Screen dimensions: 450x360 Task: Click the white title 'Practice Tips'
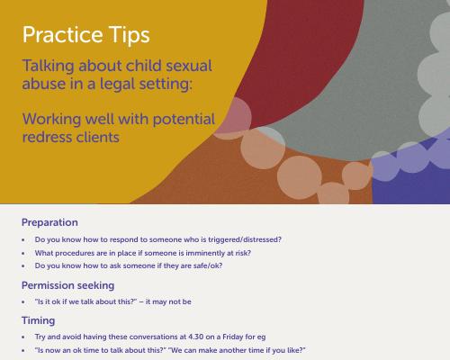pos(86,35)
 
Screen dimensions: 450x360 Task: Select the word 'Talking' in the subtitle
pos(48,67)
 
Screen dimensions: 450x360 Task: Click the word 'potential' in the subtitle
pos(184,120)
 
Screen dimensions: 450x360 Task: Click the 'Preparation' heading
pos(49,222)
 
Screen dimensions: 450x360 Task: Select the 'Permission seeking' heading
pos(68,285)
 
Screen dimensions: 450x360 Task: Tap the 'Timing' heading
pos(38,320)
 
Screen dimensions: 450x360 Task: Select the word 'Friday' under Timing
pos(232,337)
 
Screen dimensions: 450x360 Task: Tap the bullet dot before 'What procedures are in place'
pos(23,254)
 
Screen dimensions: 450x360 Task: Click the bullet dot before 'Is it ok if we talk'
pos(23,302)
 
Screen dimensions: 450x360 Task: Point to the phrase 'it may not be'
pos(168,301)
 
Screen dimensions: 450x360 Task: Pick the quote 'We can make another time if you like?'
pos(237,350)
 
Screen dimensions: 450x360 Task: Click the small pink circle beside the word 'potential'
pos(235,115)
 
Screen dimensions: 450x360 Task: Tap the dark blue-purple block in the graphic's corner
pos(411,186)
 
